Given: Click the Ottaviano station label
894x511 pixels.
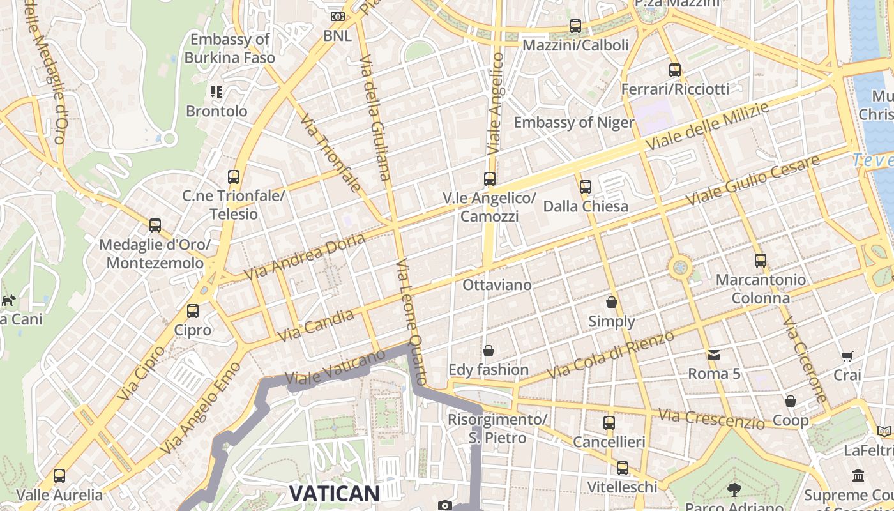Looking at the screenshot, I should tap(497, 285).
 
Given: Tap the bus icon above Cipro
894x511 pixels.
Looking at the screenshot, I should tap(193, 311).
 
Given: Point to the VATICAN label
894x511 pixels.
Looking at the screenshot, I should tap(335, 493).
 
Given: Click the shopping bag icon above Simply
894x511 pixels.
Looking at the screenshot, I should tap(612, 302).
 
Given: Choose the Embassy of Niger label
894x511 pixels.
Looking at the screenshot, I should tap(573, 123).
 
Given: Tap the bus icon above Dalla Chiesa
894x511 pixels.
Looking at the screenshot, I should tap(586, 187).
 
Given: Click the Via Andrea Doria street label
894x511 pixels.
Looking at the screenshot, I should tap(305, 256).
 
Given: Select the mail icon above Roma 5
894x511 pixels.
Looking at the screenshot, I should tap(713, 355).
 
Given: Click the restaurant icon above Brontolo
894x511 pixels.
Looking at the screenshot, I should tap(216, 92).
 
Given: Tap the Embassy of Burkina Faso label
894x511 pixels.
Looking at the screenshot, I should tap(230, 49).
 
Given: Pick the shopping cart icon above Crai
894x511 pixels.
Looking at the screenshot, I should tap(847, 356).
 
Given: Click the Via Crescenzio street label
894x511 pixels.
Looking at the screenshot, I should tap(711, 418).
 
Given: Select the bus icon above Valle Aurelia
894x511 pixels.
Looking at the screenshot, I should tap(59, 476).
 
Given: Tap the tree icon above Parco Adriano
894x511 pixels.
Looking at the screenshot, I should tap(734, 490).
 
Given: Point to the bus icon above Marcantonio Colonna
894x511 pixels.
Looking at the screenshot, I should tap(760, 261).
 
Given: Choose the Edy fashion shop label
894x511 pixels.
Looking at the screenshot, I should tap(489, 370).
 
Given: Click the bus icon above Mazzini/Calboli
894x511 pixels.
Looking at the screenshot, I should tap(575, 26).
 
